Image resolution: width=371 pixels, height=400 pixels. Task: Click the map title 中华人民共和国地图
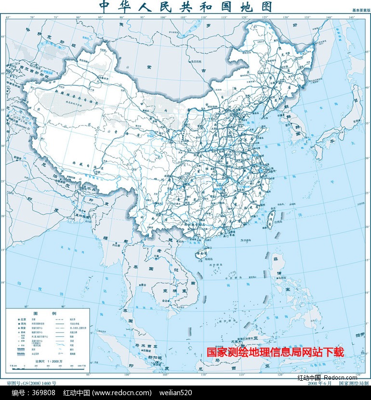(x=185, y=7)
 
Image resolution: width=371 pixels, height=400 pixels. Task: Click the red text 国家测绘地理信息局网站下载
(x=276, y=352)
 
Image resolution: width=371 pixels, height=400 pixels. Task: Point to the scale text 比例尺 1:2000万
(x=47, y=360)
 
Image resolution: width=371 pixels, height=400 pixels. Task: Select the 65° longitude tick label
(x=8, y=17)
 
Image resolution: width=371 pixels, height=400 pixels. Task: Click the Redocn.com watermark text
(x=341, y=377)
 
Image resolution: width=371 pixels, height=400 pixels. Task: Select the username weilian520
(x=175, y=393)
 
